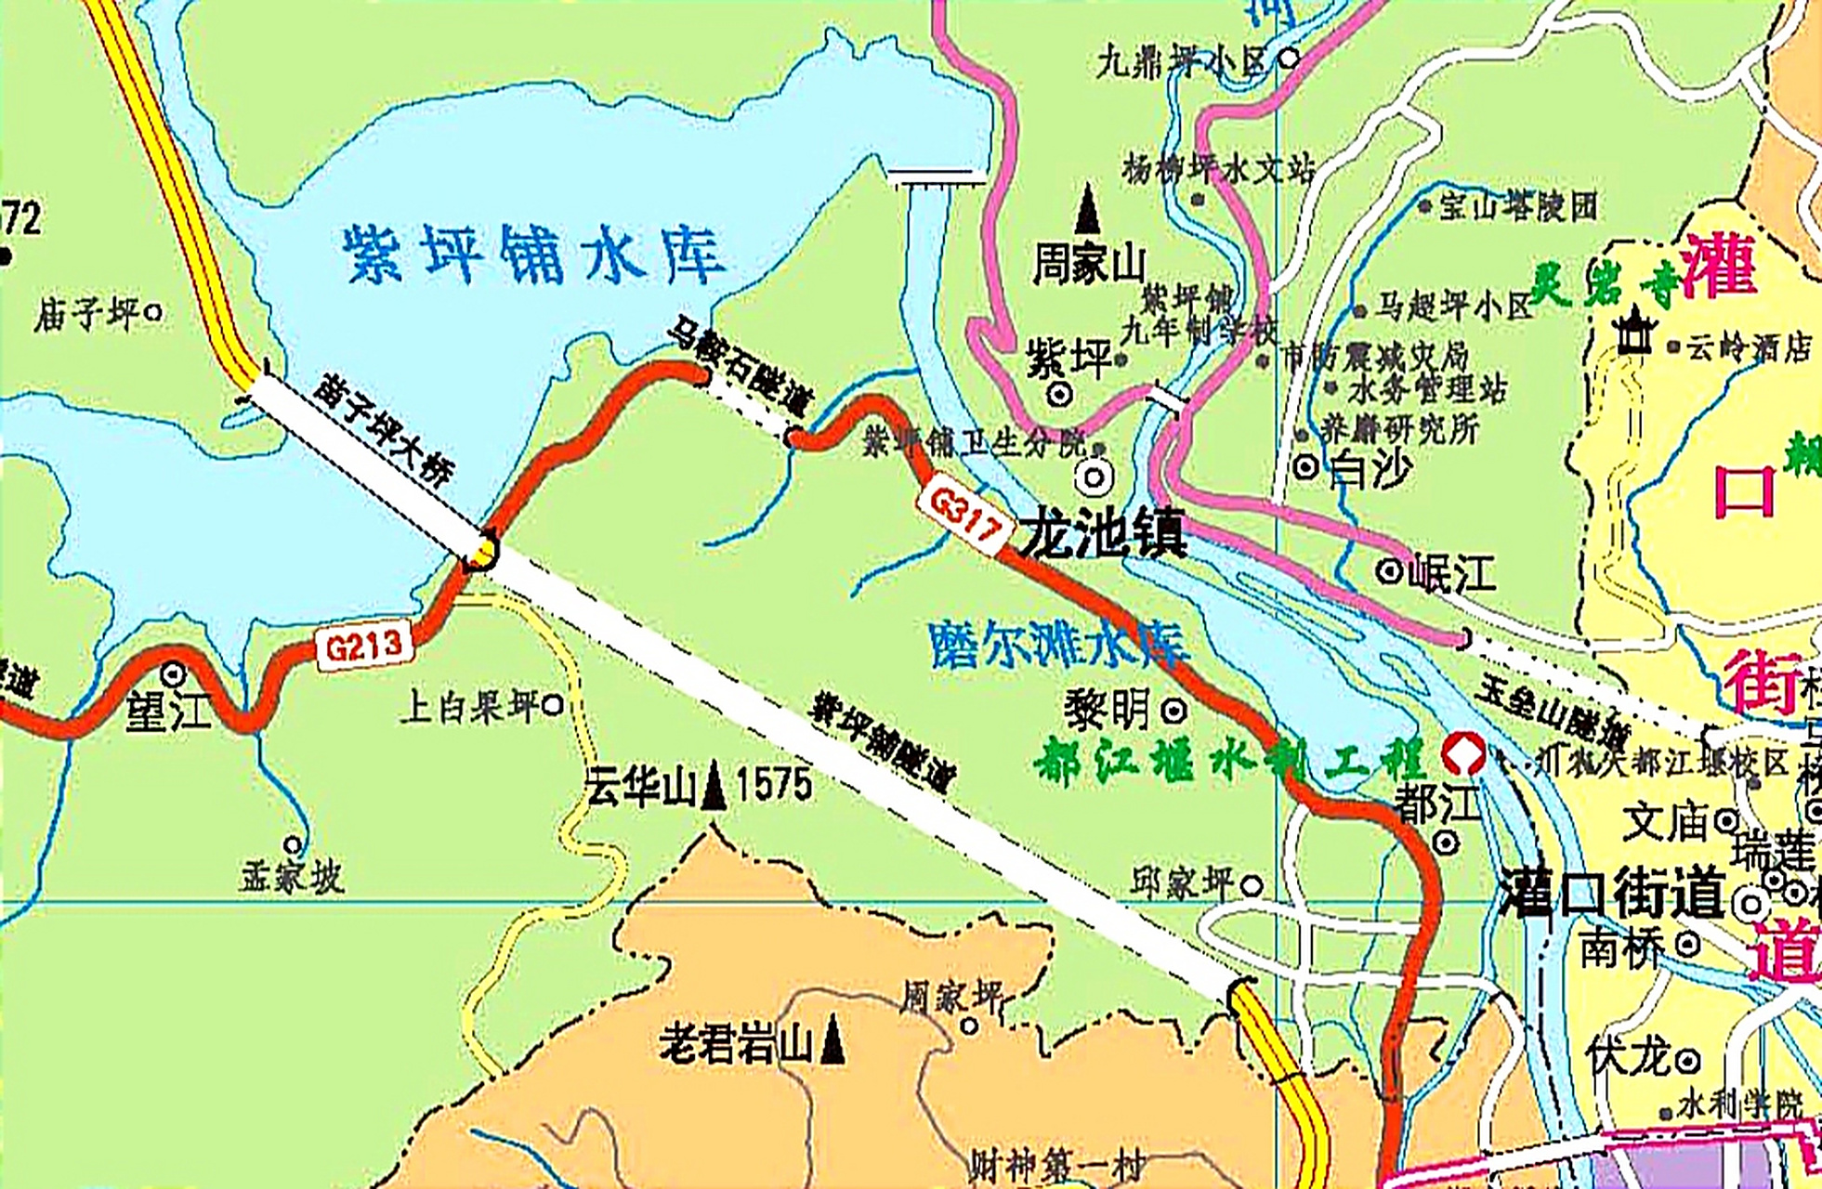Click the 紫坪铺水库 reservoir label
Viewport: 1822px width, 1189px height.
coord(533,254)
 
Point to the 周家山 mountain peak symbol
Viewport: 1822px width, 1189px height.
coord(1087,210)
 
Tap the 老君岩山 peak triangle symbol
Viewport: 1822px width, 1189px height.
coord(833,1039)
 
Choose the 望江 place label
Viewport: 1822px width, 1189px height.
coord(167,712)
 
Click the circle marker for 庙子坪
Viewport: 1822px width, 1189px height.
coord(154,313)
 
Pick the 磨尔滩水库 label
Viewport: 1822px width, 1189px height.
coord(1059,644)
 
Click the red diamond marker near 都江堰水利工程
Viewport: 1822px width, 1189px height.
coord(1463,753)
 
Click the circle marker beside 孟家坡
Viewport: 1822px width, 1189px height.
coord(293,845)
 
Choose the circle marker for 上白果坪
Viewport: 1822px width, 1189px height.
coord(552,706)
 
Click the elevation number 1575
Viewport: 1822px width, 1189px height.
coord(774,785)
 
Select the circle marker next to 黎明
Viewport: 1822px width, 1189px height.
coord(1174,712)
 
